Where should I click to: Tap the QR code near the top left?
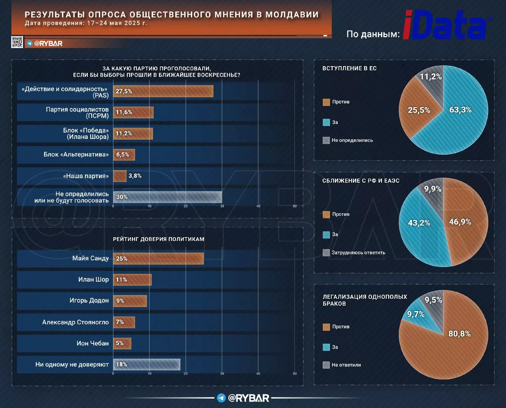tap(17, 42)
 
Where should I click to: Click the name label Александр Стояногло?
tap(76, 322)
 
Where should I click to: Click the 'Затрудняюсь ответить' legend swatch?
tap(326, 252)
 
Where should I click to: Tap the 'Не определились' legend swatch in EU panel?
tap(326, 140)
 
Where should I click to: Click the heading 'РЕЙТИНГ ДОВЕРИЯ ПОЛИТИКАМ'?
tap(159, 239)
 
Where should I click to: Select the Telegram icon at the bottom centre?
tap(221, 398)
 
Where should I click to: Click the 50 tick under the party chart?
tap(295, 206)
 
